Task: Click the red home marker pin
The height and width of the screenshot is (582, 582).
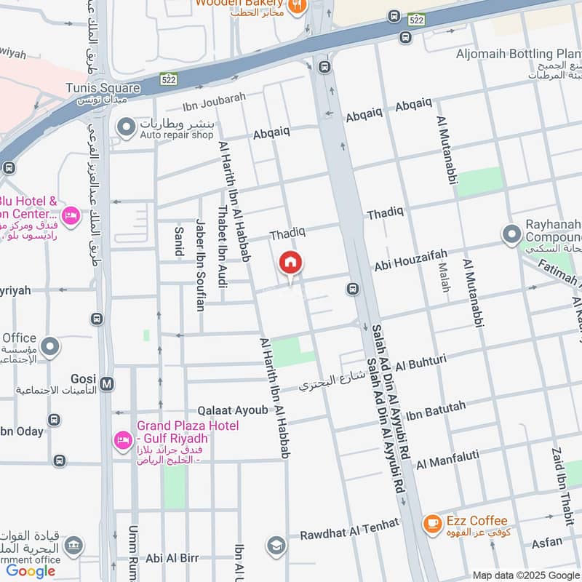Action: click(290, 263)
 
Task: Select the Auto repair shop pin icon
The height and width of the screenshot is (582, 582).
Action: click(127, 128)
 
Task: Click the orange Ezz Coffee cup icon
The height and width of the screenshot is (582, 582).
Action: click(432, 522)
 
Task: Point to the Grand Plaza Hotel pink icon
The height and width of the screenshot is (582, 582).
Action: click(123, 440)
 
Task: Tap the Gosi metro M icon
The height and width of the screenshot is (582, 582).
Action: click(107, 383)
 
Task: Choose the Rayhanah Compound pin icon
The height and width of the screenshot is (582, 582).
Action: click(511, 234)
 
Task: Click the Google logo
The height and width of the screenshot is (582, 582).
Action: click(31, 571)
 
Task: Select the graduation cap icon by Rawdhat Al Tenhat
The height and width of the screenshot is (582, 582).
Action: click(276, 545)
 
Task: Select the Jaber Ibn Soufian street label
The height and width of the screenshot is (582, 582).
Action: click(200, 266)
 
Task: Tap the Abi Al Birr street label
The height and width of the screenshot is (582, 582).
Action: click(172, 558)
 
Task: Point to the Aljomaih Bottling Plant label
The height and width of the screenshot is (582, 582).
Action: click(519, 53)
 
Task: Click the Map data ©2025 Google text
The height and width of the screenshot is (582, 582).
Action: click(526, 575)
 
